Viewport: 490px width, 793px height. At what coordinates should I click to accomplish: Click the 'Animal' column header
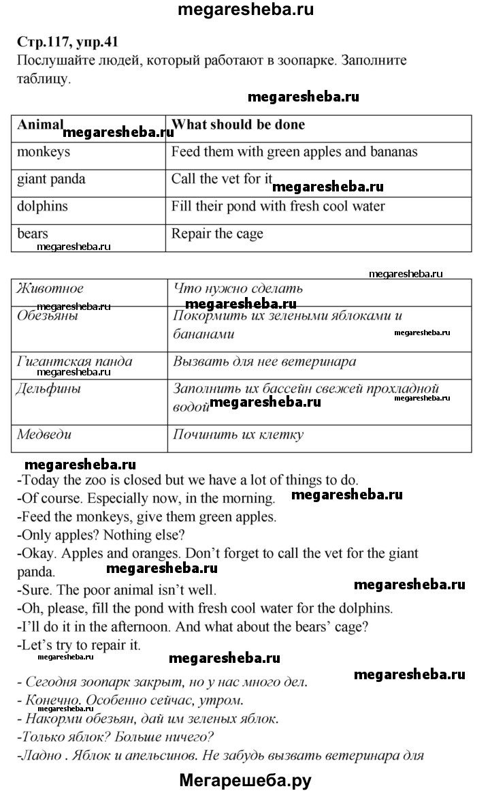[x=40, y=125]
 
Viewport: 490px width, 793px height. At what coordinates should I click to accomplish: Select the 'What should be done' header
[x=238, y=125]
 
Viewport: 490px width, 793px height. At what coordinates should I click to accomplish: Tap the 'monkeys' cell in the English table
[x=44, y=152]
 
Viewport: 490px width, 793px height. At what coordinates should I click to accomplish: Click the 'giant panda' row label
[x=52, y=179]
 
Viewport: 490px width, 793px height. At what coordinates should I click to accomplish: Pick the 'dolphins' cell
[x=43, y=206]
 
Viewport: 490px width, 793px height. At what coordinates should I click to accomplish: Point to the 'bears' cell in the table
[x=33, y=234]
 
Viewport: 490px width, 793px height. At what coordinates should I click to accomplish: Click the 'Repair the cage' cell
[x=217, y=234]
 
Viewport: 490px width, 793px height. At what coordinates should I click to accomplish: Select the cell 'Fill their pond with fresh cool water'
[x=278, y=206]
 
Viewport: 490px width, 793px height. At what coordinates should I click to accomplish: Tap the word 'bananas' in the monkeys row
[x=393, y=152]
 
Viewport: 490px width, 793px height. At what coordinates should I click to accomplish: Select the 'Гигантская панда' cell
[x=74, y=361]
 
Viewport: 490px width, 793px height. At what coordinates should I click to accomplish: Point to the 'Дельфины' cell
[x=49, y=388]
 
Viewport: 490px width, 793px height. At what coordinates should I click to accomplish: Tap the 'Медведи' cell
[x=44, y=434]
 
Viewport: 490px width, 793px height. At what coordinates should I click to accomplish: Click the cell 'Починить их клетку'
[x=238, y=434]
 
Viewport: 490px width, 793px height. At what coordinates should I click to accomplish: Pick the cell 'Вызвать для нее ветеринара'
[x=264, y=361]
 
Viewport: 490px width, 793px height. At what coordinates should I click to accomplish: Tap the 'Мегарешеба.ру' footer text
[x=245, y=780]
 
